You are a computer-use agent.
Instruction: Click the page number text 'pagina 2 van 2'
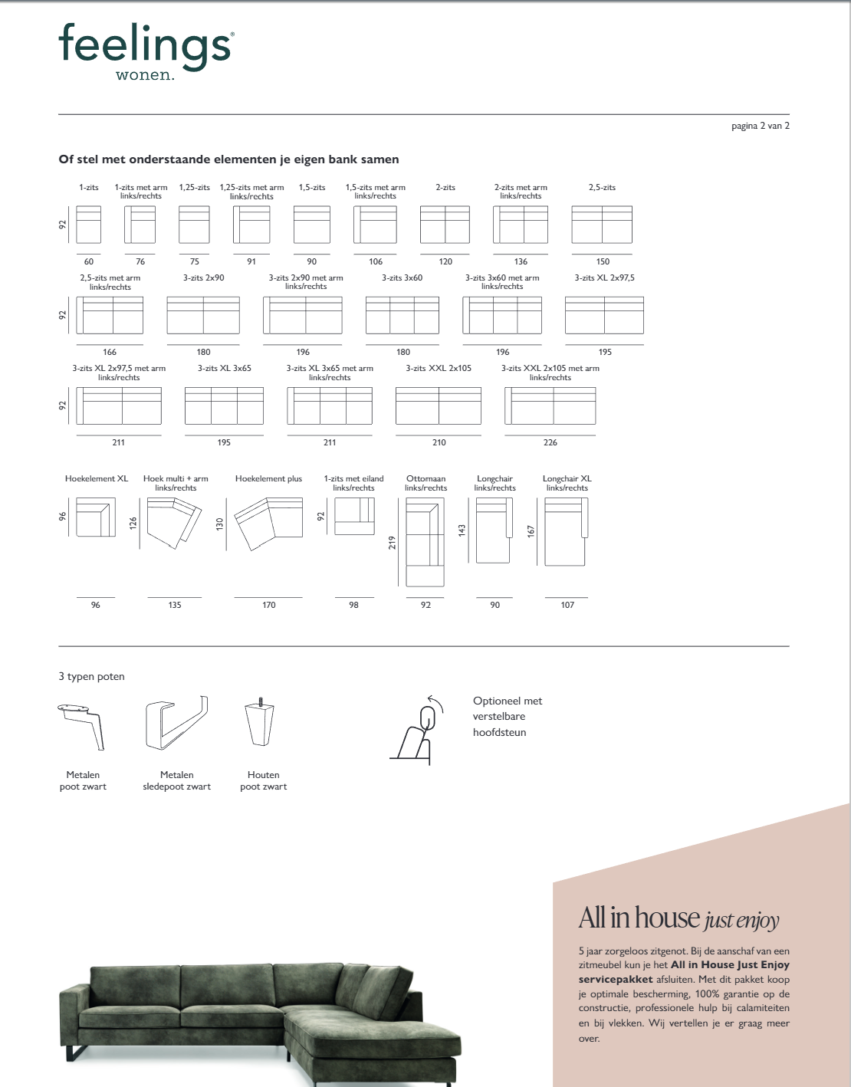point(760,126)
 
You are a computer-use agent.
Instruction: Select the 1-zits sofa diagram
point(89,225)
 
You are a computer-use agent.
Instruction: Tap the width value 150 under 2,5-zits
point(603,261)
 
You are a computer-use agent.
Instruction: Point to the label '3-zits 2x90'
point(203,277)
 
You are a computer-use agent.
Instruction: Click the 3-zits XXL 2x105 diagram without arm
point(439,406)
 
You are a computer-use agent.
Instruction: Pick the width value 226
point(550,442)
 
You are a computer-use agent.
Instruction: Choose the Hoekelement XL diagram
point(96,517)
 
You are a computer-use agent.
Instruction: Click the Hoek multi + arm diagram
point(174,523)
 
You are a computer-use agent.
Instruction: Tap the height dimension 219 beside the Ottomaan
point(393,543)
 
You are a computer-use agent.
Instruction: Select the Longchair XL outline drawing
point(566,531)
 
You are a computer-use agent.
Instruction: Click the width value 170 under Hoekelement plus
point(268,605)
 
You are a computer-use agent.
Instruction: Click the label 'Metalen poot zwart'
point(83,780)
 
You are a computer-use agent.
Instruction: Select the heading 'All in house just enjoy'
point(678,918)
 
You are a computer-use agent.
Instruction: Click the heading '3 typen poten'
point(91,676)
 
